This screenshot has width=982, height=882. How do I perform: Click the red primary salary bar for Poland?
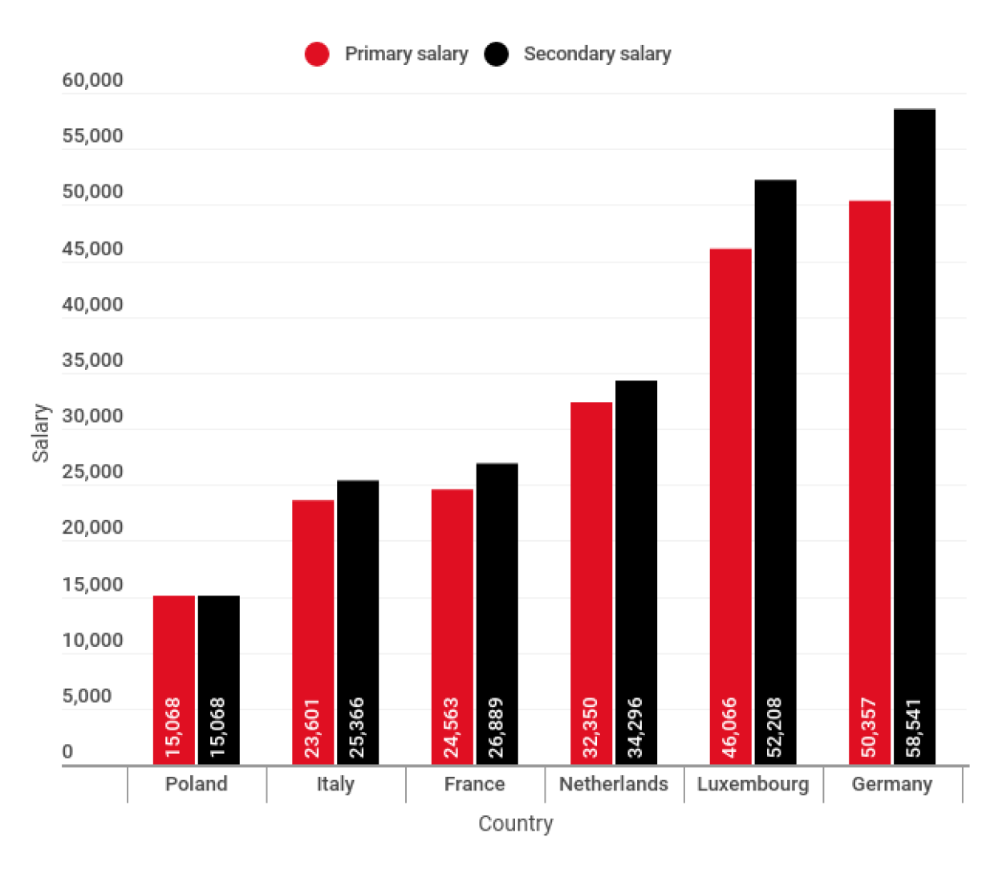coord(174,642)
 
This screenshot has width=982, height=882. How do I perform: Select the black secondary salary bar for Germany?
coord(914,401)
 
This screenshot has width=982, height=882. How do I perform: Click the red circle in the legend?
coord(317,54)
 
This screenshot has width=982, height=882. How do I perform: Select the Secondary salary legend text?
coord(597,54)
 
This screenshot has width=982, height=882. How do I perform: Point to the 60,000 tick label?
coord(93,80)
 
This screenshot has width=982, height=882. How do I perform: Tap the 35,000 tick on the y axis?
coord(93,360)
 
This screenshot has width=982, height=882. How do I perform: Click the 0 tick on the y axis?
coord(67,752)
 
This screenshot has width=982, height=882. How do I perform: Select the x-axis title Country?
coord(515,823)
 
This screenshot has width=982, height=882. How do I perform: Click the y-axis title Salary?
coord(40,433)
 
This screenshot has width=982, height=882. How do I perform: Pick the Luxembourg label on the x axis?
coord(753,784)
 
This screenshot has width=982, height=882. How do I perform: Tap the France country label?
coord(474,784)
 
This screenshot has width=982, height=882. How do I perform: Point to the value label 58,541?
coord(914,728)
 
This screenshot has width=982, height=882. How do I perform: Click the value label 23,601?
coord(312,728)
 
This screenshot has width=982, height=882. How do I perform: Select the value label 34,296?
coord(635,728)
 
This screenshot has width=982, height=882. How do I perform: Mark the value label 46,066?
coord(729,728)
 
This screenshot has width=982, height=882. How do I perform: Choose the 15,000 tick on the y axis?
coord(93,584)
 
